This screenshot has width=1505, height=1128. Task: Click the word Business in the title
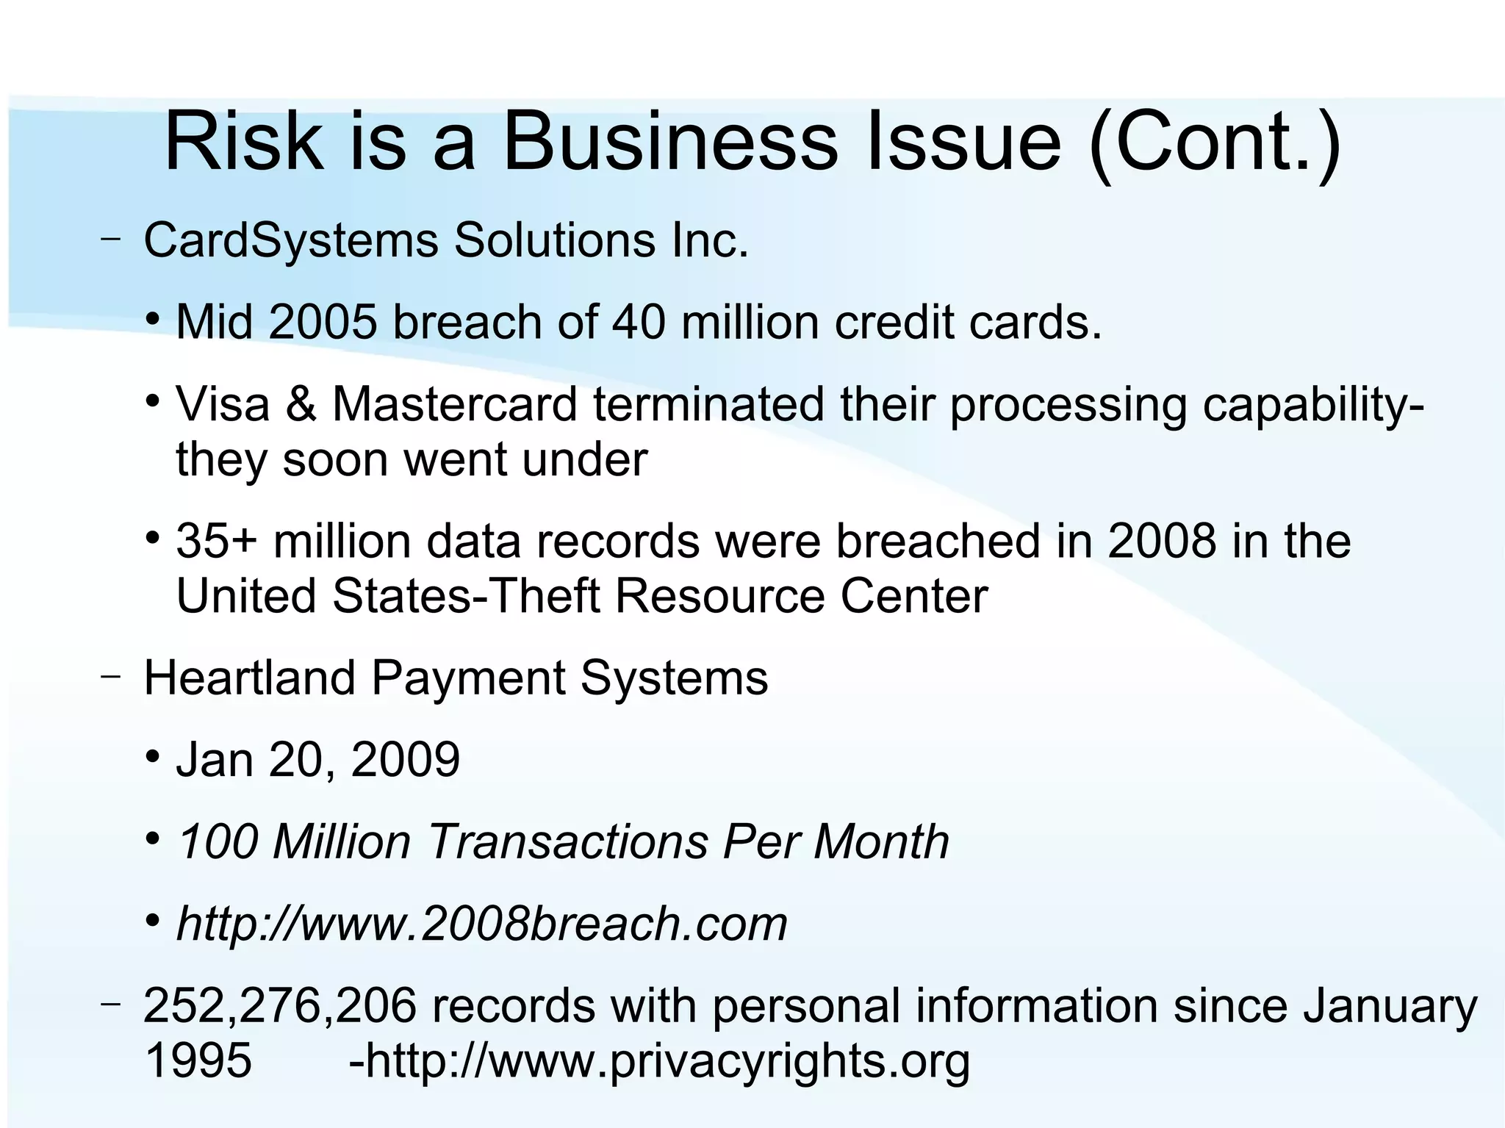click(x=669, y=141)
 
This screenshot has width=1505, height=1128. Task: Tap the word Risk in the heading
click(x=243, y=141)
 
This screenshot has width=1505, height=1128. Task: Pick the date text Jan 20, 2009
click(x=317, y=759)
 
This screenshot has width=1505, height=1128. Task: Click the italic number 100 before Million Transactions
click(x=218, y=841)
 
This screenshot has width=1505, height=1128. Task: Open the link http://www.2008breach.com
click(x=481, y=924)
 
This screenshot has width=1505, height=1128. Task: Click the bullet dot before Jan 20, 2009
click(x=153, y=756)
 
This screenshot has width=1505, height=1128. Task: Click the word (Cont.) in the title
click(x=1215, y=143)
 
